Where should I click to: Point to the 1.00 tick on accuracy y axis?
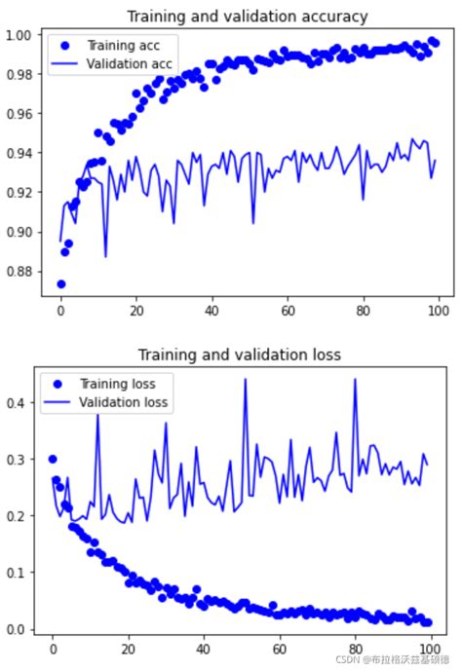point(19,36)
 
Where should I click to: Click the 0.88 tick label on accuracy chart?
point(19,272)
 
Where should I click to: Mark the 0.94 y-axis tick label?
point(19,154)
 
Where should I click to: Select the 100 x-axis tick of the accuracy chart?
point(437,312)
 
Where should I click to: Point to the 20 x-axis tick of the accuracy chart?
point(135,312)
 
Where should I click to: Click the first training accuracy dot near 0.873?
point(60,284)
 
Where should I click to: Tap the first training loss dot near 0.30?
point(53,459)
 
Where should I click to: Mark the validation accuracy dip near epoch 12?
point(105,256)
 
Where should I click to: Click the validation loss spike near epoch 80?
point(355,380)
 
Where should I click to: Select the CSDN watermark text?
point(394,659)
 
